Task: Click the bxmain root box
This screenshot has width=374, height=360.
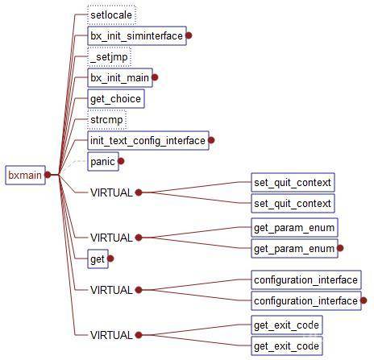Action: coord(25,175)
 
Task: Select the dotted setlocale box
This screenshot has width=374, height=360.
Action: coord(111,14)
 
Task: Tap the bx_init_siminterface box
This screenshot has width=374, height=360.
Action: coord(137,35)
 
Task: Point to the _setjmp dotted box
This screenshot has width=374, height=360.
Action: coord(109,57)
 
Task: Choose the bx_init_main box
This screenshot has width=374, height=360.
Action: coord(120,78)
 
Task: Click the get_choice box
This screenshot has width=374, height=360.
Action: coord(116,99)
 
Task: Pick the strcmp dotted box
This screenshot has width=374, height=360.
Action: coord(106,120)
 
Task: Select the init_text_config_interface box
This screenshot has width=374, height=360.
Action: coord(148,140)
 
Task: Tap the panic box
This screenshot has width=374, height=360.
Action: coord(103,162)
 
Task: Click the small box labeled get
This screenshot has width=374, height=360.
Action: coord(98,259)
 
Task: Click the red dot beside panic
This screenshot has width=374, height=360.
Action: coord(121,161)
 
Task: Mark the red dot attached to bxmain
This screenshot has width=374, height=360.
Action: coord(48,175)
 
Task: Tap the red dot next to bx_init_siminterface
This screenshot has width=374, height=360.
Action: coord(189,35)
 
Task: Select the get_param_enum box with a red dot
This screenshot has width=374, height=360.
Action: coord(294,249)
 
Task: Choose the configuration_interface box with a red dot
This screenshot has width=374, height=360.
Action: coord(306,301)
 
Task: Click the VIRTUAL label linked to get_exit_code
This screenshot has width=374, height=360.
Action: coord(111,335)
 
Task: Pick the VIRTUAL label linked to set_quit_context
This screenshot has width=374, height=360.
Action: coord(111,192)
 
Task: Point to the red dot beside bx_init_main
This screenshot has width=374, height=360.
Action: coord(155,77)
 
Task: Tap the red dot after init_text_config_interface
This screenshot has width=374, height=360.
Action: coord(211,140)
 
